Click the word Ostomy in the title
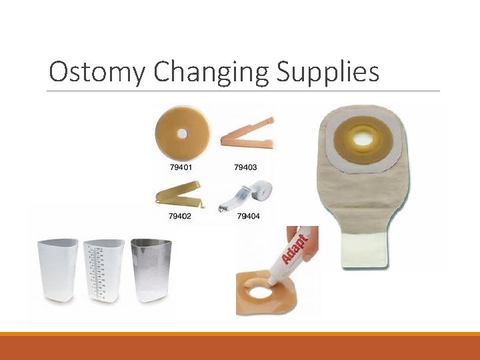tap(95, 72)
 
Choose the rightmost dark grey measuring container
tap(150, 271)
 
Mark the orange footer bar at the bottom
tap(240, 347)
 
